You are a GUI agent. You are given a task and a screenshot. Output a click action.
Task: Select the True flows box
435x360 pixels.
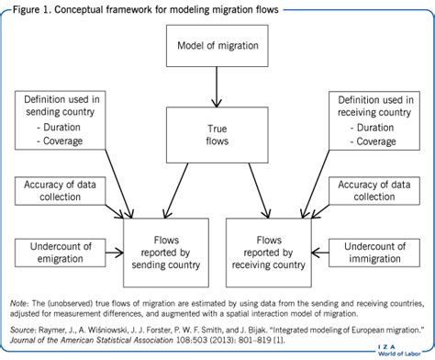click(x=217, y=136)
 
